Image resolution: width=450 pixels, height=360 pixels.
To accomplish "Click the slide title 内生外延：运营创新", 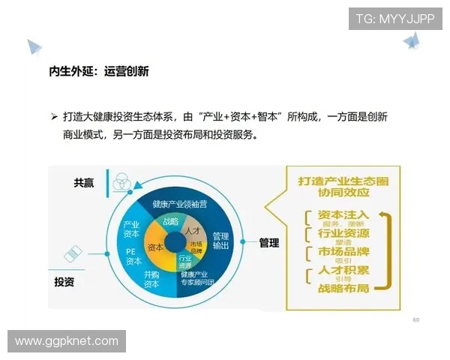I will click(x=98, y=72).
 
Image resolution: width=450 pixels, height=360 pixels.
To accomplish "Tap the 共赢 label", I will click(x=84, y=182).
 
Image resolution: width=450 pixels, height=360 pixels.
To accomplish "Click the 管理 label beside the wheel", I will click(x=269, y=242).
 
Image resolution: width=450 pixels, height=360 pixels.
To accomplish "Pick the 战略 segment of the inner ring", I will click(x=170, y=222).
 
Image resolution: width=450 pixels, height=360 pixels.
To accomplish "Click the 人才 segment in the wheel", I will click(x=192, y=230).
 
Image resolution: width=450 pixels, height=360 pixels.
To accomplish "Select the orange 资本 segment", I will click(x=155, y=247).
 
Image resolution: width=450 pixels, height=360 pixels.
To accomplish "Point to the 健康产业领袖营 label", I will click(x=179, y=203).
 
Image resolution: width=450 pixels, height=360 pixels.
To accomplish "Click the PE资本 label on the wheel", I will click(x=133, y=256).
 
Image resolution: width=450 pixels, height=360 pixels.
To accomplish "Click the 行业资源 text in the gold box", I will click(x=341, y=233).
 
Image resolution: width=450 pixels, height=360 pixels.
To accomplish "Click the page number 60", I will click(x=415, y=320).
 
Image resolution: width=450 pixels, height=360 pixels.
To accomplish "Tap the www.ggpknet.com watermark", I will click(x=67, y=341).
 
